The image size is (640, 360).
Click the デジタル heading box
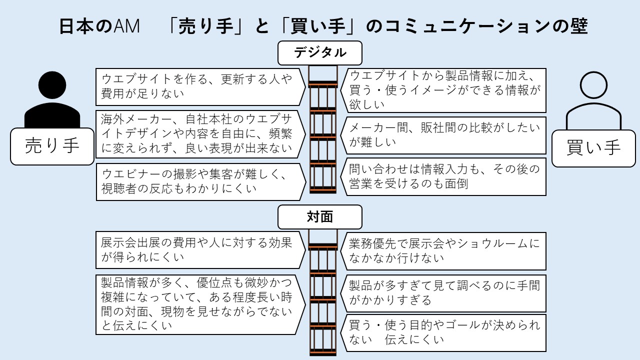(x=319, y=53)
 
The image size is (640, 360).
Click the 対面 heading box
(x=319, y=217)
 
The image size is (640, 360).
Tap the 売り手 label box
(x=52, y=146)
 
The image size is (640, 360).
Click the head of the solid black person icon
(x=52, y=86)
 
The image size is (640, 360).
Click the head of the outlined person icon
(x=593, y=85)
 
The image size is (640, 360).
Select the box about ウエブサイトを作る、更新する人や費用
(x=200, y=86)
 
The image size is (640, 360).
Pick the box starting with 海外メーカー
(x=200, y=134)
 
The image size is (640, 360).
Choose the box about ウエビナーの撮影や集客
(x=200, y=181)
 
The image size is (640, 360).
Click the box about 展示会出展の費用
(x=200, y=250)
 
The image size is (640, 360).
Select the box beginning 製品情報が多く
(x=200, y=304)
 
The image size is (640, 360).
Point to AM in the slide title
(x=126, y=26)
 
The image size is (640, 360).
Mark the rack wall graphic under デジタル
(x=323, y=130)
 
